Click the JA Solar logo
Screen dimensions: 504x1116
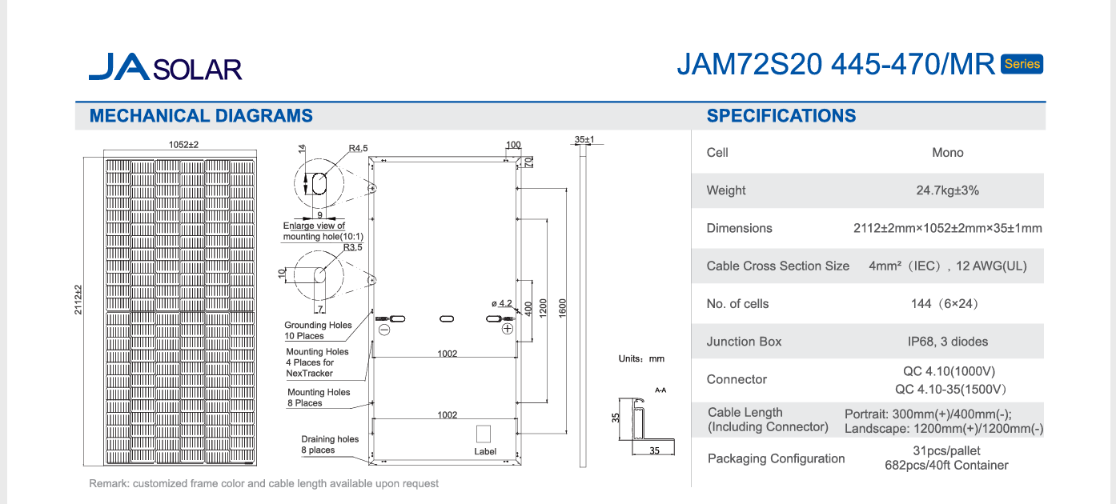[x=165, y=67]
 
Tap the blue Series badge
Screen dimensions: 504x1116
[x=1022, y=65]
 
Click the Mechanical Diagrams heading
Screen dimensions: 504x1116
[x=201, y=116]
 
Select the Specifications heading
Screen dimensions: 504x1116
[x=781, y=116]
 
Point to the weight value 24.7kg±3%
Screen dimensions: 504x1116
[x=947, y=190]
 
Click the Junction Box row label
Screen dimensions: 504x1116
[x=744, y=342]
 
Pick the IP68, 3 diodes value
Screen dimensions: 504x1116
[x=947, y=342]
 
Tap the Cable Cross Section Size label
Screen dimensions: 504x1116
[x=777, y=266]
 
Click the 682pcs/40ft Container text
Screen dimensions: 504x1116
[x=946, y=466]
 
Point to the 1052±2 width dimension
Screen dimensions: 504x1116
[x=183, y=145]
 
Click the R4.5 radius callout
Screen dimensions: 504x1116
[x=358, y=148]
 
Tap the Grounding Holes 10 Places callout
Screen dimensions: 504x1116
[x=317, y=330]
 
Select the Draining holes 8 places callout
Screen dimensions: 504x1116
[x=330, y=445]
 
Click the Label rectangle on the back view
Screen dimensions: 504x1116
[x=484, y=434]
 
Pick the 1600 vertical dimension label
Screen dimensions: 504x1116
[x=563, y=306]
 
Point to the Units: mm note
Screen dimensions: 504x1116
[x=641, y=359]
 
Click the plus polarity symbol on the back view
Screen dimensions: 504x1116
[x=507, y=329]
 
